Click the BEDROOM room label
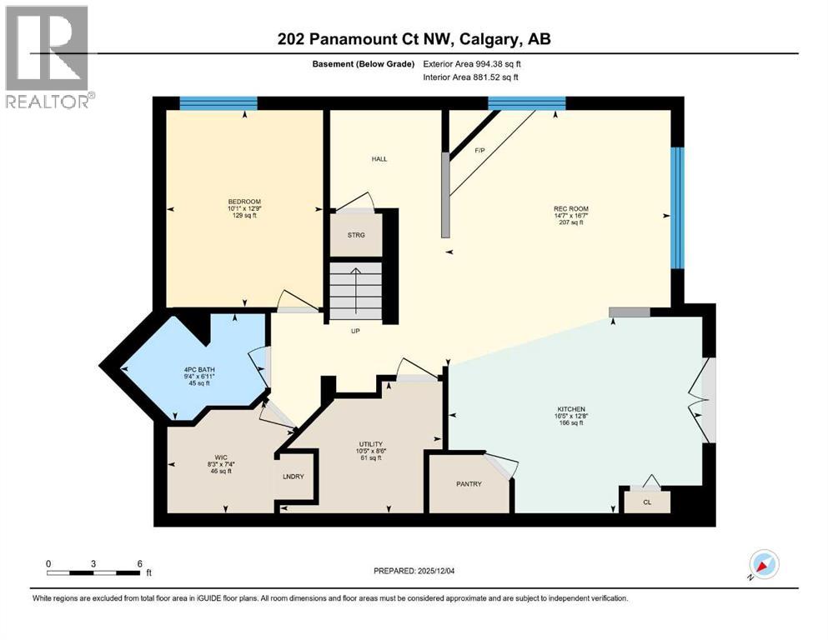pyautogui.click(x=244, y=202)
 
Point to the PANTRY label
pyautogui.click(x=468, y=484)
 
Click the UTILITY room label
pyautogui.click(x=372, y=444)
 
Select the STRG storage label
pyautogui.click(x=356, y=235)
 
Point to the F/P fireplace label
pyautogui.click(x=479, y=151)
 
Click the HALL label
pyautogui.click(x=379, y=158)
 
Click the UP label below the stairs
pyautogui.click(x=354, y=330)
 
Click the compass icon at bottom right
pyautogui.click(x=763, y=564)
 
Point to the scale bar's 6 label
pyautogui.click(x=138, y=562)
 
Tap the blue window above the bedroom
pyautogui.click(x=218, y=103)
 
